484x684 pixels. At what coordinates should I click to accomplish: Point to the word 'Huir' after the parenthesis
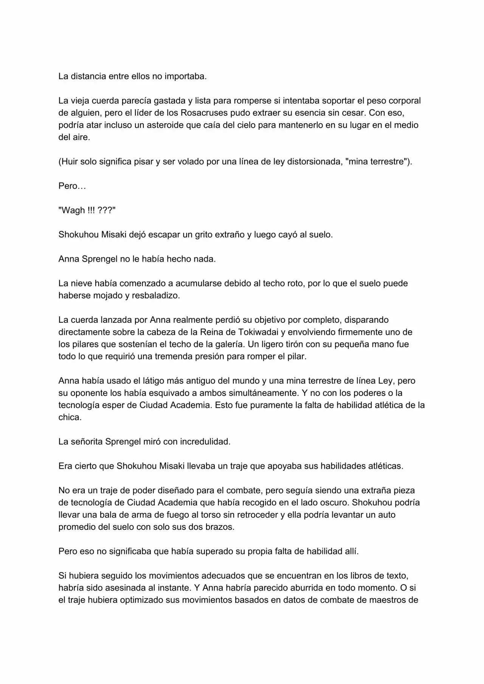(x=69, y=162)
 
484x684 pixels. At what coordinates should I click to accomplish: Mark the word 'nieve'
(x=82, y=283)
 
